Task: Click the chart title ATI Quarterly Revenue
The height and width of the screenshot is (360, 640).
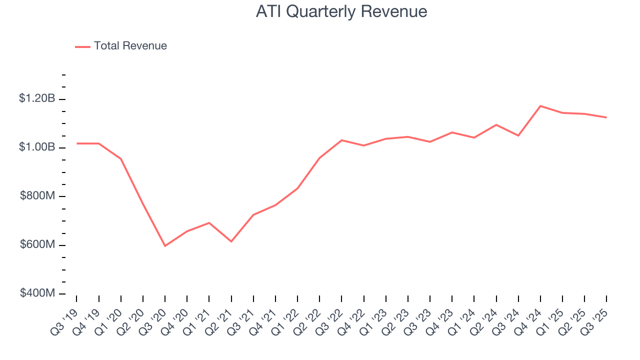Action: click(x=341, y=11)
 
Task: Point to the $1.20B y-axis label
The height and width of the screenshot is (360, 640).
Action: click(x=37, y=98)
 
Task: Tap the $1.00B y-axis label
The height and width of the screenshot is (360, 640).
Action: click(x=37, y=147)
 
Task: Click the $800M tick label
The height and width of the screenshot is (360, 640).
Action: click(x=37, y=196)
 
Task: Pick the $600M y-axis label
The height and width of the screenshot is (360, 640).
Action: click(x=37, y=245)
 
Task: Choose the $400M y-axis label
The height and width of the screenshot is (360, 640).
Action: click(x=37, y=293)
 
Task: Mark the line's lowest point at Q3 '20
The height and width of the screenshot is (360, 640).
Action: click(x=165, y=246)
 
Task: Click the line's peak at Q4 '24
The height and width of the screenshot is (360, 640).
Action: click(x=540, y=106)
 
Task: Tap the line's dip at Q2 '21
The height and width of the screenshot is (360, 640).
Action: click(x=231, y=241)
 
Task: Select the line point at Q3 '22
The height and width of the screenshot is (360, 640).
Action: click(x=341, y=140)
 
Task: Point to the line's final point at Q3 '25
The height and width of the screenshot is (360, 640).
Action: click(x=606, y=117)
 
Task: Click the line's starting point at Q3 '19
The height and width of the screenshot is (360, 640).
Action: click(x=77, y=143)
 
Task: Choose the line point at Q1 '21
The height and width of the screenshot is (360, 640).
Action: click(x=209, y=222)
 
